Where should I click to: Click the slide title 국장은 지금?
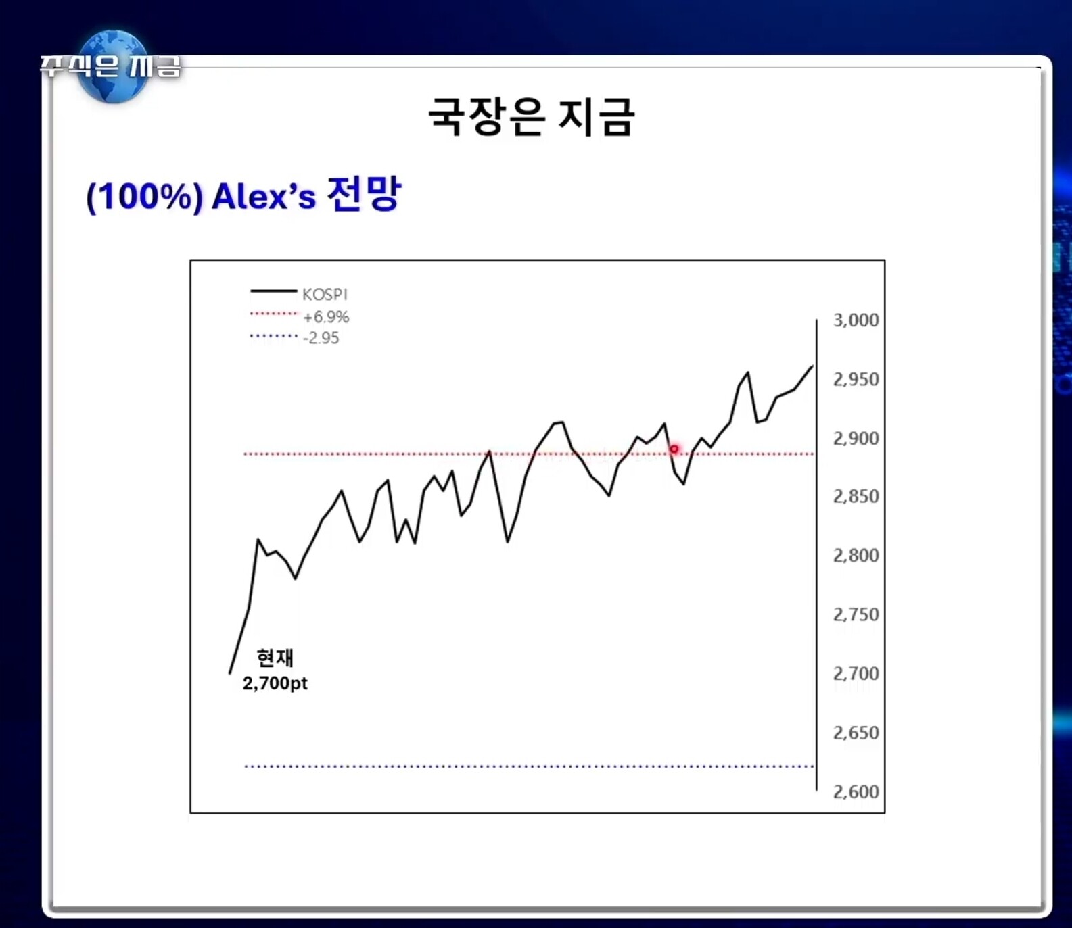(532, 116)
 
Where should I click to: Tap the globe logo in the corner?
(114, 66)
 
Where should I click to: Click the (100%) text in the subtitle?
(144, 198)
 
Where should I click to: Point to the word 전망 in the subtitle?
(364, 194)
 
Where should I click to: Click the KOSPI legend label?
(325, 295)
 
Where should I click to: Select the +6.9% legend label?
(326, 317)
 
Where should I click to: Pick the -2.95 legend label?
(321, 338)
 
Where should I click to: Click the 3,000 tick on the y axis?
(856, 320)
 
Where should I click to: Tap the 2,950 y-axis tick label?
(856, 379)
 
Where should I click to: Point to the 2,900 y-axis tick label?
(856, 439)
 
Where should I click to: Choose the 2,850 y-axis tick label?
(856, 497)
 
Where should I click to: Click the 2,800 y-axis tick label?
(856, 556)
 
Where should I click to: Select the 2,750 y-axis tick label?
(856, 615)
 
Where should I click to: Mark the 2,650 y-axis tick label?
(856, 733)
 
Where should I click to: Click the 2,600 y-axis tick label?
(856, 792)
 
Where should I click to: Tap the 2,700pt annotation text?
(275, 683)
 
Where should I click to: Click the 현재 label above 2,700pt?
(275, 658)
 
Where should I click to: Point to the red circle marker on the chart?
(674, 449)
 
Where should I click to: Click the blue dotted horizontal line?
(529, 766)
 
